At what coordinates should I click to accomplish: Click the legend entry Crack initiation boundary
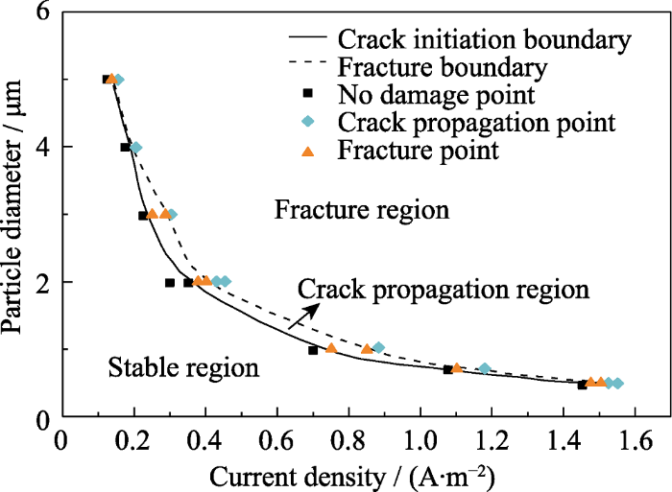[484, 40]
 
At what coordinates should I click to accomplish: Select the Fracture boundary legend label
[443, 68]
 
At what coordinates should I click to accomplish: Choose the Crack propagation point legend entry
[477, 123]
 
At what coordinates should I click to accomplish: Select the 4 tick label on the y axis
[42, 147]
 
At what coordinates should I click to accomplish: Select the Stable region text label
[182, 366]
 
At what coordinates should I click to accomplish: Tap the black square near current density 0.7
[313, 350]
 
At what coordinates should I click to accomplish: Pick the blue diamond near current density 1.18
[485, 368]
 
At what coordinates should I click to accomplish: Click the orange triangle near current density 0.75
[331, 348]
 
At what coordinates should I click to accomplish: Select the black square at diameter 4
[125, 147]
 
